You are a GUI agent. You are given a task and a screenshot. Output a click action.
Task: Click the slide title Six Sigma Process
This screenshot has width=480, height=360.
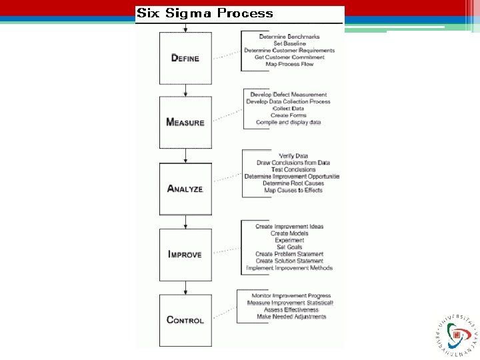point(205,13)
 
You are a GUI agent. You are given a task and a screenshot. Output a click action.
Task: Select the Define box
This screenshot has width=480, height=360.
point(185,58)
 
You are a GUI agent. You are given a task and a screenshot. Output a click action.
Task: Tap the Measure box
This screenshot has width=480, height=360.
point(185,122)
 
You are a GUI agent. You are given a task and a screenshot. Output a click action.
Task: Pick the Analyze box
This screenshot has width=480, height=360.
point(185,189)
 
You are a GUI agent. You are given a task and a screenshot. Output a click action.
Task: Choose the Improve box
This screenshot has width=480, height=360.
point(185,255)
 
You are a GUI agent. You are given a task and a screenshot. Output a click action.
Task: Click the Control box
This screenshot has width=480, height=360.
point(185,320)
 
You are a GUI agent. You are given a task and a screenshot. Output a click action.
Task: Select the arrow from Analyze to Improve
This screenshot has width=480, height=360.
point(185,222)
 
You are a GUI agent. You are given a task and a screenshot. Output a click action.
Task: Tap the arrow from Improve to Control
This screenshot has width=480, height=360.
point(185,287)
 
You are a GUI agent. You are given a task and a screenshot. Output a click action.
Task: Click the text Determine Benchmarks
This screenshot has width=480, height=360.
point(289,36)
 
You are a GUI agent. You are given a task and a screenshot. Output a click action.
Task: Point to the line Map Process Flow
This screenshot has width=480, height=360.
point(289,64)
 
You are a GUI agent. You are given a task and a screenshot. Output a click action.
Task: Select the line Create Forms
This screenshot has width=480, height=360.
point(289,115)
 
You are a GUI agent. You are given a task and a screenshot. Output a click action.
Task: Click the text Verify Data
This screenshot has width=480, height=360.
point(293,156)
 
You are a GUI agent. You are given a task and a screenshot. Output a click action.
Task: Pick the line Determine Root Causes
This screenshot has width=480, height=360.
point(293,183)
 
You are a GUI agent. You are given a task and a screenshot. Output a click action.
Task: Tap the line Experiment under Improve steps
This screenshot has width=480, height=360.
point(289,240)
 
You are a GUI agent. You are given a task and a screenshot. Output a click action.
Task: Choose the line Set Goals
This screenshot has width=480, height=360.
point(289,247)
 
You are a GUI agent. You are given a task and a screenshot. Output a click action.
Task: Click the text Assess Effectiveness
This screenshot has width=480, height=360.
point(291,310)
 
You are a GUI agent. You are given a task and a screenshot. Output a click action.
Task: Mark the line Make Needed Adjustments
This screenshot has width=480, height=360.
point(291,317)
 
